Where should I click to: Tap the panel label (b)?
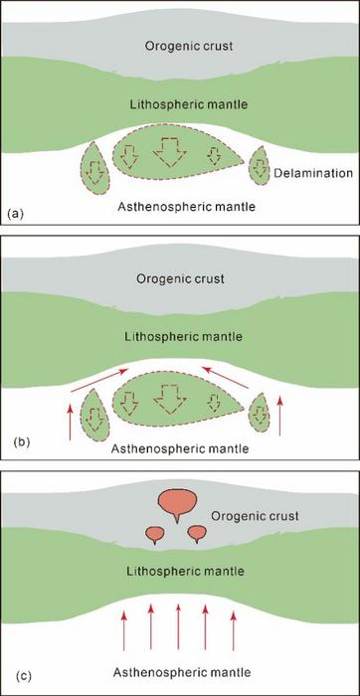point(14,438)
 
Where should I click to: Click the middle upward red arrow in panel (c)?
point(179,620)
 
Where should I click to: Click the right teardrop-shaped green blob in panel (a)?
point(262,167)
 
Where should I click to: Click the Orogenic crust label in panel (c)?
point(256,517)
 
